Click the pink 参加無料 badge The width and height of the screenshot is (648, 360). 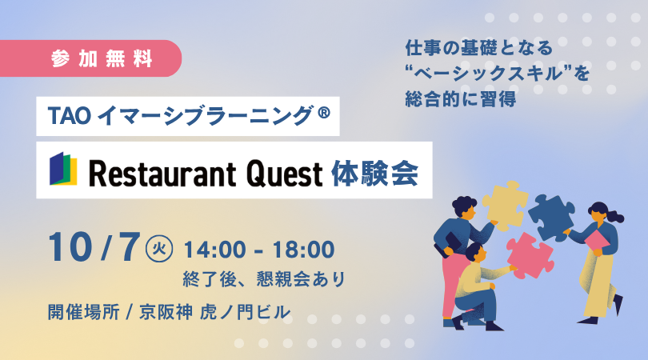(90, 58)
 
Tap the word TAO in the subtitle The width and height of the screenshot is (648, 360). (69, 116)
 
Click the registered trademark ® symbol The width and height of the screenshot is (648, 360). (324, 112)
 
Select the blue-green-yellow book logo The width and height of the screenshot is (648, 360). (63, 169)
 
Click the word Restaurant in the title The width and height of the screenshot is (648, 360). (162, 174)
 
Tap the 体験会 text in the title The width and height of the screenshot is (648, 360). (375, 174)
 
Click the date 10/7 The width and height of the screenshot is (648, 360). (94, 247)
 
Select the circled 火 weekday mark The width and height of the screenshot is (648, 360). (159, 249)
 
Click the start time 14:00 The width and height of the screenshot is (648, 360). (214, 250)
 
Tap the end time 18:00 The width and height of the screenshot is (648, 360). (304, 250)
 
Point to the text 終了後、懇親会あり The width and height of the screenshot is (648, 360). (264, 279)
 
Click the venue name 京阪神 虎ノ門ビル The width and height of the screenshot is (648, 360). (215, 312)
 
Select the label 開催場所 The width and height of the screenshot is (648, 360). (83, 312)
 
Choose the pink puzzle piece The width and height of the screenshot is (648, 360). (530, 255)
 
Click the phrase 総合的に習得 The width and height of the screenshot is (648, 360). (460, 99)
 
